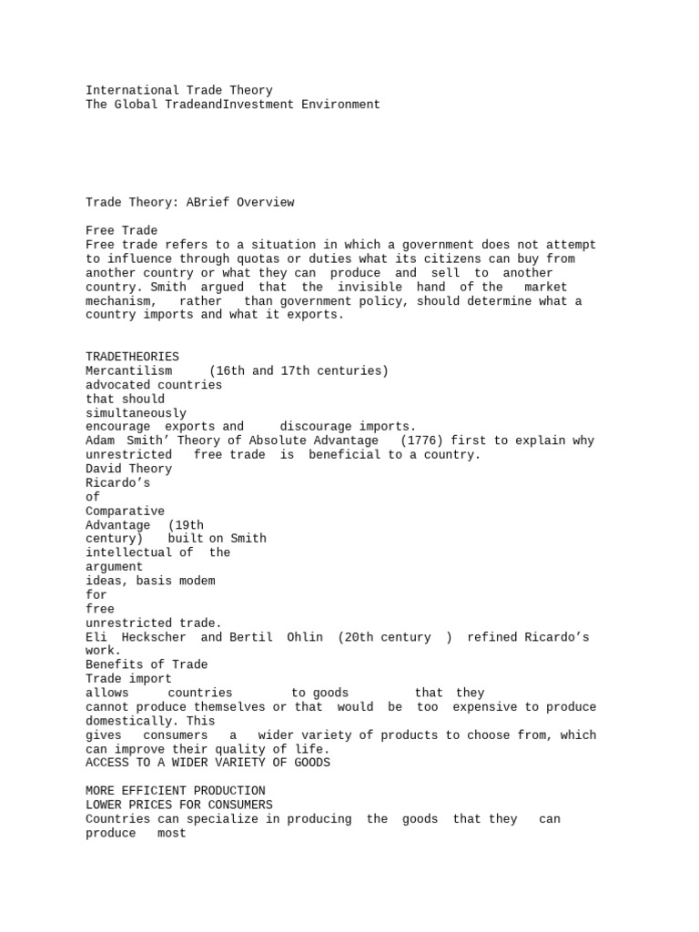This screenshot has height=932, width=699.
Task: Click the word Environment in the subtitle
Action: [340, 105]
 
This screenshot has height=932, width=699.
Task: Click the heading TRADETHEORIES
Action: [132, 357]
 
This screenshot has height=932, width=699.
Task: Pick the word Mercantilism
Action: [128, 370]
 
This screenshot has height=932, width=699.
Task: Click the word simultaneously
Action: [136, 413]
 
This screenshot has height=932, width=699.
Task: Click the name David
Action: [103, 469]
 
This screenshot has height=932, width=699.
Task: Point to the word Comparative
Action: [125, 512]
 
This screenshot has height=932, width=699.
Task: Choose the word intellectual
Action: [128, 552]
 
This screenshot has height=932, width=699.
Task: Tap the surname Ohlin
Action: [305, 637]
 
